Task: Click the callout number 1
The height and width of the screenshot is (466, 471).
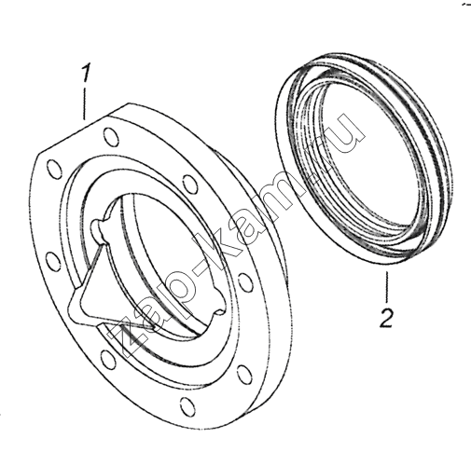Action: pyautogui.click(x=85, y=73)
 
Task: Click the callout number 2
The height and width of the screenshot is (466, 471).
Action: pyautogui.click(x=386, y=318)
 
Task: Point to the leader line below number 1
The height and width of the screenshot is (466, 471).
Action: pyautogui.click(x=84, y=103)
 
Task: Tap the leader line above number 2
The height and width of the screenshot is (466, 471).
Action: pyautogui.click(x=387, y=287)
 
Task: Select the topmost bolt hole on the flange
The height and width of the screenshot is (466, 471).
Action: pyautogui.click(x=110, y=137)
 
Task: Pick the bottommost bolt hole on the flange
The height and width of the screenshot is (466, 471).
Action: pyautogui.click(x=187, y=406)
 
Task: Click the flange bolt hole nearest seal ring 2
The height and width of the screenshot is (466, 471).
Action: pyautogui.click(x=189, y=185)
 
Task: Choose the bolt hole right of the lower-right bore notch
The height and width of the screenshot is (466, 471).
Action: pyautogui.click(x=245, y=282)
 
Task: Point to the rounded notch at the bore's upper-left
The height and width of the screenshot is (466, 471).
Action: pyautogui.click(x=100, y=227)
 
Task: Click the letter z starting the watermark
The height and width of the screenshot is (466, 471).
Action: pyautogui.click(x=132, y=338)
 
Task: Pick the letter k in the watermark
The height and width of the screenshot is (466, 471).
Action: pyautogui.click(x=232, y=231)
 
